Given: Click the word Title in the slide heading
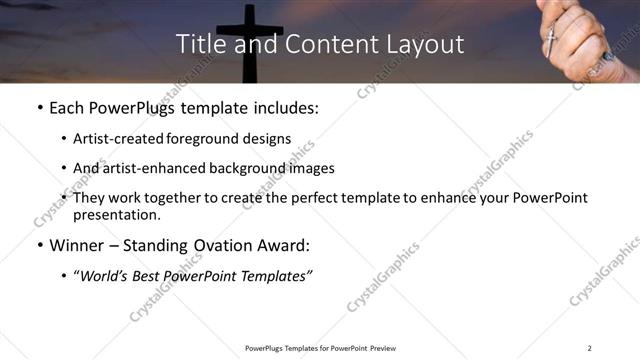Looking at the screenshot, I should pos(198,45).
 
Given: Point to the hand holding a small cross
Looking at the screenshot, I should pos(580,35).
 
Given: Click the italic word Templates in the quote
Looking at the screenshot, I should pos(274,276).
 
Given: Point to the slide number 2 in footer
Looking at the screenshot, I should pos(590,347).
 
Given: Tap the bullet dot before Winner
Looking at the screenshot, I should pos(39,246).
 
